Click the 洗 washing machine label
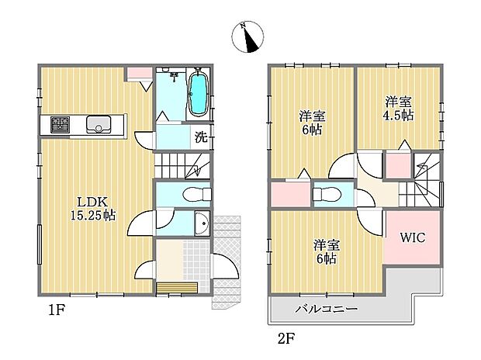pyautogui.click(x=200, y=139)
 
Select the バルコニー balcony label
pyautogui.click(x=326, y=309)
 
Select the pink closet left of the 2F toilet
pyautogui.click(x=289, y=193)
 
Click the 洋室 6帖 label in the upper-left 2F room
pyautogui.click(x=312, y=123)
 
